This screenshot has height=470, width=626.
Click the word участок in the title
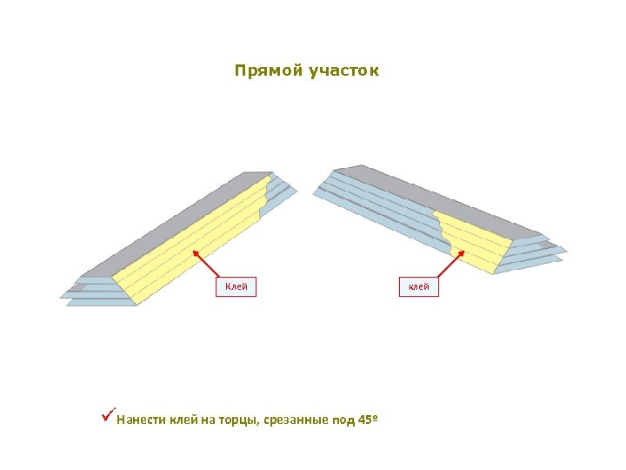coord(343,70)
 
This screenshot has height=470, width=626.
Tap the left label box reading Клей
coord(236,286)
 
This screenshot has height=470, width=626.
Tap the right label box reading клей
coord(419,286)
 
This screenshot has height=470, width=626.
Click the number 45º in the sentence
coord(368,420)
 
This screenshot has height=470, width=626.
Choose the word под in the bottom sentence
coord(343,421)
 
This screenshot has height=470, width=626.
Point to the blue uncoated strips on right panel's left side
coord(374,205)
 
